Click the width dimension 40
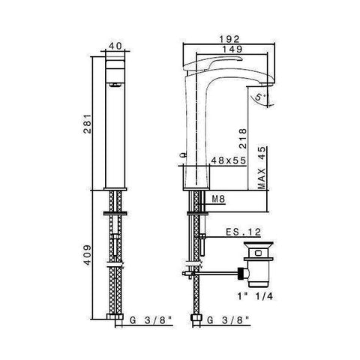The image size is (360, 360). point(115,45)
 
